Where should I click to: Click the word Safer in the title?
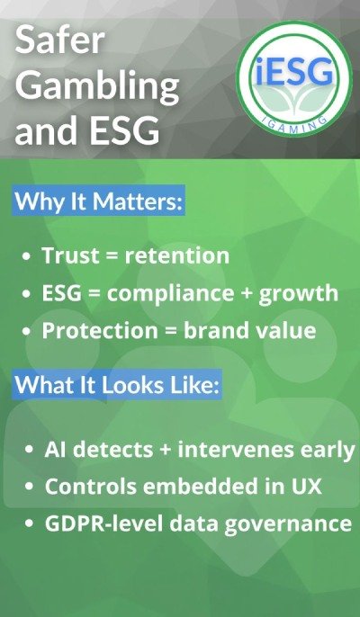[59, 41]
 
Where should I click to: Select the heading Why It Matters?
[99, 200]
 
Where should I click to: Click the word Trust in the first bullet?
[69, 255]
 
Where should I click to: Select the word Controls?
[85, 486]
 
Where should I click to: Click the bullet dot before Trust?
[28, 256]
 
